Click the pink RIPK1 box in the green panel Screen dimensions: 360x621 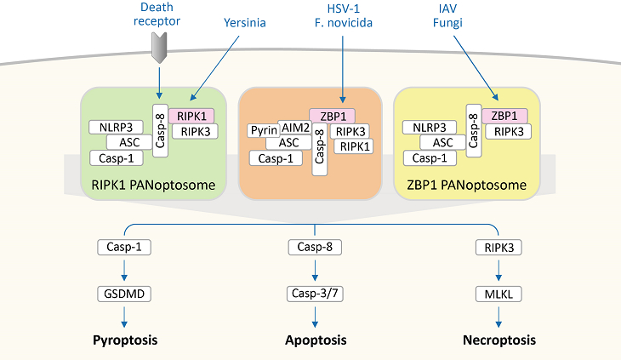point(192,116)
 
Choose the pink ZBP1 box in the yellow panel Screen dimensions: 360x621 point(504,116)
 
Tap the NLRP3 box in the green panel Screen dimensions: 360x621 point(115,128)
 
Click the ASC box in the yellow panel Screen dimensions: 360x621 point(443,142)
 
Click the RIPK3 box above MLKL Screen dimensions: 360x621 point(499,248)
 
